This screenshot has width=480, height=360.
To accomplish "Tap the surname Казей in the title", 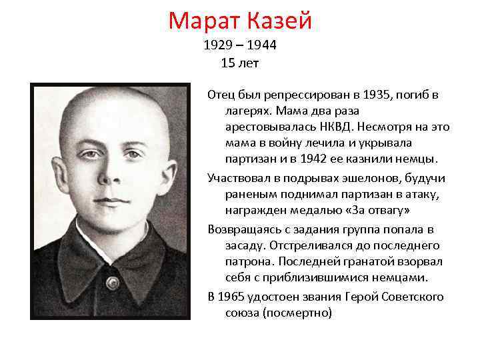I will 281,21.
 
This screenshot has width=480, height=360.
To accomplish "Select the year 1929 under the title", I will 217,47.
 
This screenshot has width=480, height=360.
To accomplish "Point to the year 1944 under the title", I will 261,47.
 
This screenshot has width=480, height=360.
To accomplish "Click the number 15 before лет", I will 226,63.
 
